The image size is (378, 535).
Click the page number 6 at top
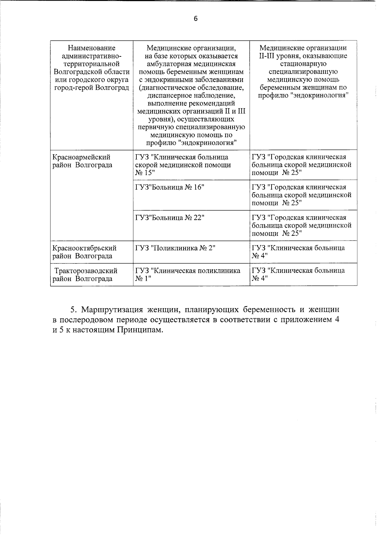(x=195, y=19)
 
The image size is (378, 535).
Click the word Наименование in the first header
(x=92, y=48)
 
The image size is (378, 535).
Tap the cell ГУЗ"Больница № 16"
(x=170, y=187)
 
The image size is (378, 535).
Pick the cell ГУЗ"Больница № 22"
(x=170, y=218)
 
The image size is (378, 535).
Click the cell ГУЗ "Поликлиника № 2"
(x=175, y=248)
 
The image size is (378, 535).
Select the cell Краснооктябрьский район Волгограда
(x=84, y=252)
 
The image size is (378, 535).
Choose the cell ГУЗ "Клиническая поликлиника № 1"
(x=188, y=274)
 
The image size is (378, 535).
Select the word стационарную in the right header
(x=303, y=64)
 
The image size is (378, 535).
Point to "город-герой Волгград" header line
(x=92, y=88)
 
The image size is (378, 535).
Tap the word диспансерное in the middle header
(x=167, y=96)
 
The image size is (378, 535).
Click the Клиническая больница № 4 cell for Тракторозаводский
(x=298, y=274)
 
